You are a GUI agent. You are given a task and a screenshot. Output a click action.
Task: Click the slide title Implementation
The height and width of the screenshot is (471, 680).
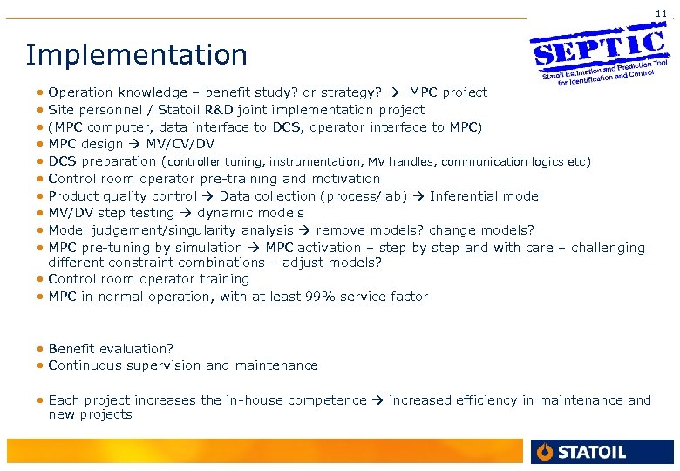pos(137,55)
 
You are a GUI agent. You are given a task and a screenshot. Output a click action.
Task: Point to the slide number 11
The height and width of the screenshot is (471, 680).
pos(661,13)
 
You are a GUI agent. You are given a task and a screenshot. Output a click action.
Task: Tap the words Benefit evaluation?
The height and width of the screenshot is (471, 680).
pos(112,348)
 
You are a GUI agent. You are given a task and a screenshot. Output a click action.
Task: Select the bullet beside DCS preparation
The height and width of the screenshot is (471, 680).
pos(41,162)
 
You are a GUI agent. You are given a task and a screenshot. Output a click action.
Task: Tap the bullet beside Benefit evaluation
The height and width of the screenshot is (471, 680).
pos(41,349)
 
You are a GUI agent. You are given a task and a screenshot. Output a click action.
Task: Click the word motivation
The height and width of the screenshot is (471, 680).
pos(343,179)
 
